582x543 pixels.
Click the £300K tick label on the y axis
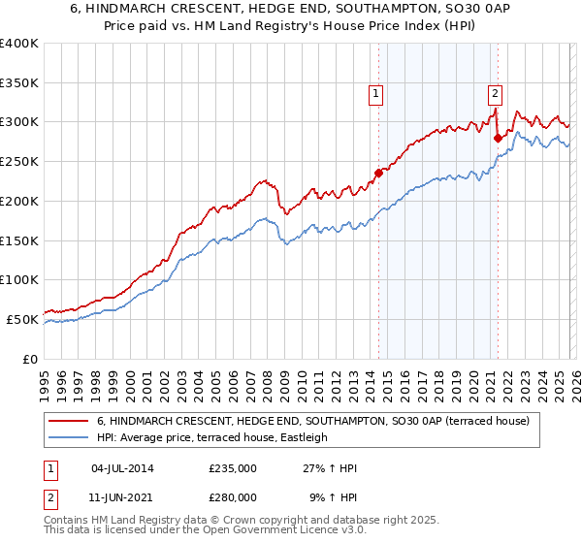click(x=19, y=122)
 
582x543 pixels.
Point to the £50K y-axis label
click(x=22, y=319)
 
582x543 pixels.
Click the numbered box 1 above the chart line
click(x=375, y=94)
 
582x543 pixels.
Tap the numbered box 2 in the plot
click(x=495, y=94)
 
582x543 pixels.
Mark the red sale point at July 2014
click(x=378, y=174)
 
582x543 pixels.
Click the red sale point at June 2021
click(x=498, y=138)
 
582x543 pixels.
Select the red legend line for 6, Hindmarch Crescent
click(x=69, y=422)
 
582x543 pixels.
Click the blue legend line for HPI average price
click(x=69, y=438)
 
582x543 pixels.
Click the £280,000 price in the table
click(x=233, y=496)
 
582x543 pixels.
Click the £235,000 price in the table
click(x=233, y=468)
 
